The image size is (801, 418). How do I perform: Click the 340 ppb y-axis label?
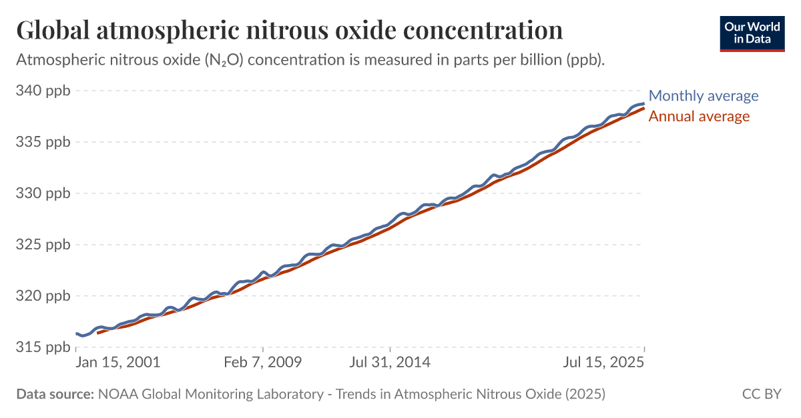point(42,91)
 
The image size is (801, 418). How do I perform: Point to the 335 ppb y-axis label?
point(42,142)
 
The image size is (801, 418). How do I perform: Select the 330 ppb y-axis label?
point(42,193)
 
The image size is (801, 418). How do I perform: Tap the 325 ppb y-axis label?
point(42,245)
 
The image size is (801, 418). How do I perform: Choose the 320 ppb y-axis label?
point(42,296)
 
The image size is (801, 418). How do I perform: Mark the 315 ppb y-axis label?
point(42,347)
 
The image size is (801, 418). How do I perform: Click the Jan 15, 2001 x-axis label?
point(117,363)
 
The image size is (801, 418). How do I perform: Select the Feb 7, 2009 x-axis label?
point(263,363)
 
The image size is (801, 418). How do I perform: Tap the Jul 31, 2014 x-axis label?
point(389,363)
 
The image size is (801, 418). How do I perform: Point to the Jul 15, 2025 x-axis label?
point(603,363)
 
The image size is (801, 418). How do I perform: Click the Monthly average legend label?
point(704,95)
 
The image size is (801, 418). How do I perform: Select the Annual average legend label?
point(699,117)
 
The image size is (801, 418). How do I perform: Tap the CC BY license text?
point(762,394)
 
